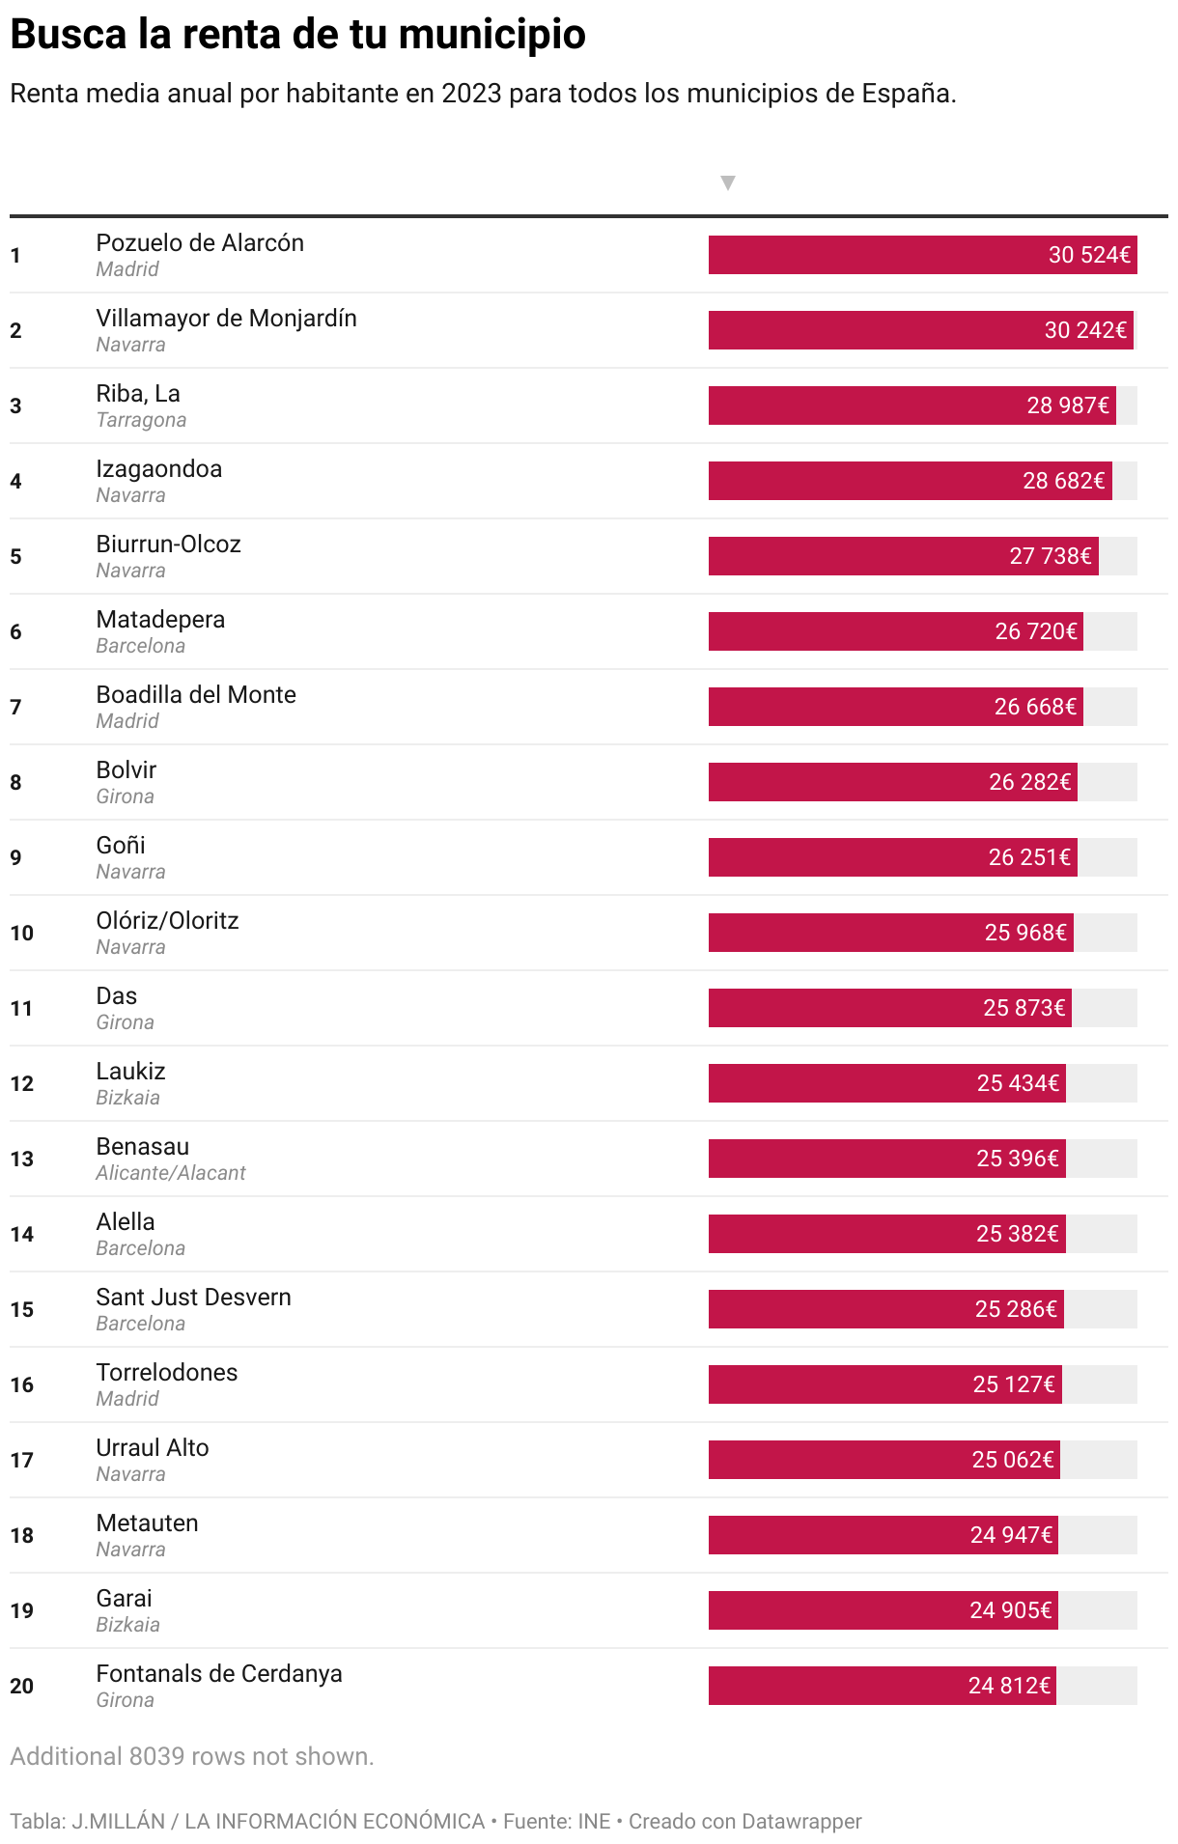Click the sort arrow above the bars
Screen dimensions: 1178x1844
click(x=728, y=182)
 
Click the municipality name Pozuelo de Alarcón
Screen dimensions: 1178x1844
click(x=200, y=243)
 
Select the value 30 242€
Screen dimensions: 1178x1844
click(x=1085, y=330)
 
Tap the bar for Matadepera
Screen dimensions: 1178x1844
click(x=896, y=631)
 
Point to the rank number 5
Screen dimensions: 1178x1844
click(x=15, y=556)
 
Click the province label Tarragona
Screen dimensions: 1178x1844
click(x=141, y=420)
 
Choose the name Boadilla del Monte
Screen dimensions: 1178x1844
click(x=196, y=695)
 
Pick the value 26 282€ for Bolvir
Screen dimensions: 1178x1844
click(x=1030, y=782)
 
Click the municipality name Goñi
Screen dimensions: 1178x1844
click(x=121, y=846)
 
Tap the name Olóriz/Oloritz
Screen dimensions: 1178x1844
click(x=167, y=921)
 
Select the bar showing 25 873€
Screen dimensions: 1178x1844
click(x=890, y=1008)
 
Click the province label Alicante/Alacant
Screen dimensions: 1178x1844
click(x=171, y=1173)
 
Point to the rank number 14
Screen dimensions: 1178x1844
click(x=22, y=1234)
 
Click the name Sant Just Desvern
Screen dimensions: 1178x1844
click(x=193, y=1298)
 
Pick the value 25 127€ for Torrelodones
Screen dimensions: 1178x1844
click(x=1014, y=1384)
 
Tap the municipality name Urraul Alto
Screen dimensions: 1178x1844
click(x=153, y=1448)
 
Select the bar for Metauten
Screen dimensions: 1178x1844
click(x=883, y=1535)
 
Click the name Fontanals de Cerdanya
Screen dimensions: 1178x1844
click(x=219, y=1674)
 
